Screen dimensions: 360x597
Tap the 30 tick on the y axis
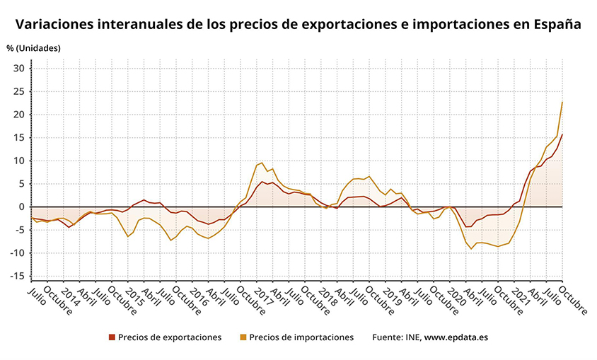[20, 69]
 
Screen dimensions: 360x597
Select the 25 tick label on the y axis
[20, 92]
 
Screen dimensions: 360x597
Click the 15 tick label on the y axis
[20, 138]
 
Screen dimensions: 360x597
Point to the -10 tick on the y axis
[18, 253]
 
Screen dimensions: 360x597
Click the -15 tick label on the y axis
[18, 277]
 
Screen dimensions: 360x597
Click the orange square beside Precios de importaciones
[243, 337]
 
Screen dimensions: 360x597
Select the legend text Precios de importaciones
[301, 337]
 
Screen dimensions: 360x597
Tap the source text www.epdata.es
[456, 337]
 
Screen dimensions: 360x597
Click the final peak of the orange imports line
[562, 103]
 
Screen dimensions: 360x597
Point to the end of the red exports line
[562, 135]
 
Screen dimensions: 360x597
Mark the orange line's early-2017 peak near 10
[262, 163]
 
